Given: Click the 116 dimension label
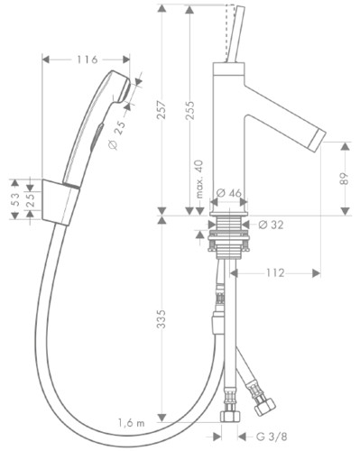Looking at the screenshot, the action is (x=88, y=60).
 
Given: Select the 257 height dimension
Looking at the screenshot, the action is (x=162, y=110).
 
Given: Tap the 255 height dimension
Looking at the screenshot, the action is (x=189, y=111).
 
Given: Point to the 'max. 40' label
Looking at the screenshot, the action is (x=200, y=179).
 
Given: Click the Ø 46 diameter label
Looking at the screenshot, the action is (x=229, y=193).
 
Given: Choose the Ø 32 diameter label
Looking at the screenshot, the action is (x=271, y=225).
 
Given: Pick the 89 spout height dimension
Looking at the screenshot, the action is (x=346, y=179).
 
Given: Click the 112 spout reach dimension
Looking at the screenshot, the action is (x=275, y=273).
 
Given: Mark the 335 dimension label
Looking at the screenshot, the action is (x=162, y=318).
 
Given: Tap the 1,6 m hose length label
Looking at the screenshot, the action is (x=131, y=423).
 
